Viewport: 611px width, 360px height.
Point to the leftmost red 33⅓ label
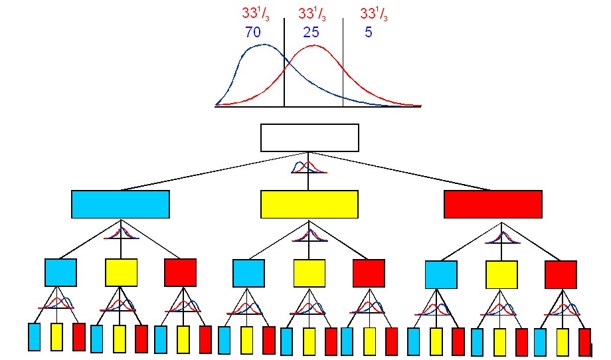tap(256, 13)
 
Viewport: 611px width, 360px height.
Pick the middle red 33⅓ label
tap(313, 13)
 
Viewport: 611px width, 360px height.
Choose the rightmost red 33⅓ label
tap(375, 13)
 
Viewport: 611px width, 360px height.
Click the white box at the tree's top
tap(309, 137)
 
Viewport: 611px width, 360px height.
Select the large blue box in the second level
tap(120, 204)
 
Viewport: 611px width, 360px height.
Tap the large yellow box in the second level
tap(309, 204)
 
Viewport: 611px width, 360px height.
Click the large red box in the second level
tap(493, 204)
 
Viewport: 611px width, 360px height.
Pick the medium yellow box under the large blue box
tap(121, 272)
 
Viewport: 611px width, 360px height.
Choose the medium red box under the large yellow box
tap(369, 273)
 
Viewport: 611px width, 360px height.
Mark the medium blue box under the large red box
tap(441, 274)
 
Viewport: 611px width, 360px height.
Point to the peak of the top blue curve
tap(264, 45)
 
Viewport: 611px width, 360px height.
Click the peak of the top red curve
tap(313, 46)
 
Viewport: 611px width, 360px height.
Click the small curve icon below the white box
tap(309, 167)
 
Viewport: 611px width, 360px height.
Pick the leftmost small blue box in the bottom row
tap(35, 337)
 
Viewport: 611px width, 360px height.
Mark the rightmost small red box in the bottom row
tap(584, 342)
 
